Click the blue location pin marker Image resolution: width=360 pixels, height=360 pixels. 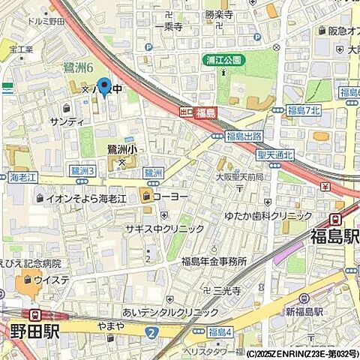(104, 90)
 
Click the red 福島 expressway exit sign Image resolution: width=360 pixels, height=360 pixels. (205, 111)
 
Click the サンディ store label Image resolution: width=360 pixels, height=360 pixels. (66, 121)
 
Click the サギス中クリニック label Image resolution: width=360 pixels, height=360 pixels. (165, 229)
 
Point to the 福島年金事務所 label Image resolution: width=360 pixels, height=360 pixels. (214, 261)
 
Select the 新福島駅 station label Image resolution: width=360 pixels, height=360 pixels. (304, 310)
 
